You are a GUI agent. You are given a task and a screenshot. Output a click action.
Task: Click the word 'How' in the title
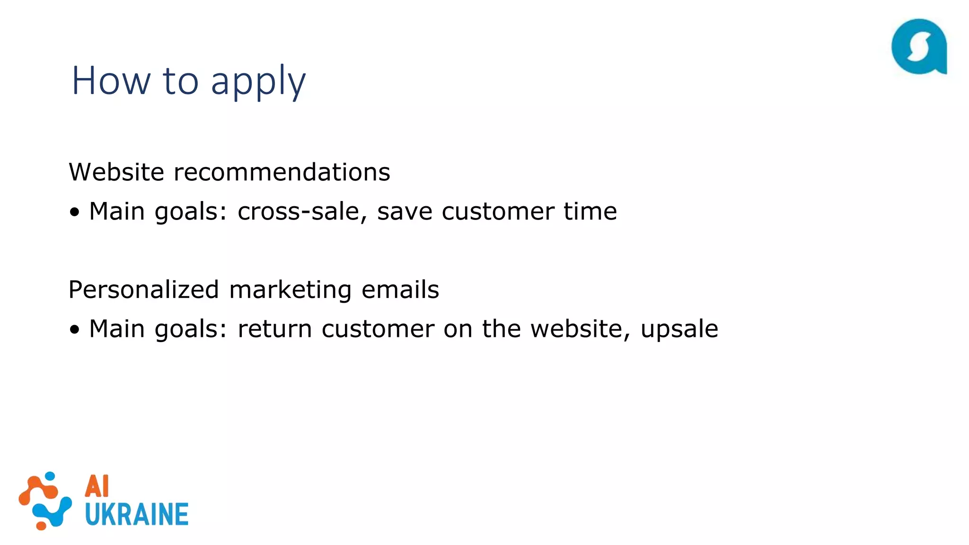click(111, 80)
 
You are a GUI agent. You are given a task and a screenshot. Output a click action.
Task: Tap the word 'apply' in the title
click(258, 81)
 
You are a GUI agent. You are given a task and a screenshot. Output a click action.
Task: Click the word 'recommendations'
click(282, 172)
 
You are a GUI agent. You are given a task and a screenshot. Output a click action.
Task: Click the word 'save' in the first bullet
click(405, 211)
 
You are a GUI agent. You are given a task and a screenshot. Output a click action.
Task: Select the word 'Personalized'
click(143, 290)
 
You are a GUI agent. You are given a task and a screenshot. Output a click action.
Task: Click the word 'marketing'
click(290, 290)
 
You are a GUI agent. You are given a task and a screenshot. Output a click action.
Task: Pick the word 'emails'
click(400, 290)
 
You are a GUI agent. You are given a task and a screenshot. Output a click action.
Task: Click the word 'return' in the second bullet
click(274, 329)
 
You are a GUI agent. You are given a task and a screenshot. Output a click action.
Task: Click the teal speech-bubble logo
click(919, 46)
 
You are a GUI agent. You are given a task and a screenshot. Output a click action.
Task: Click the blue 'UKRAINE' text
click(137, 514)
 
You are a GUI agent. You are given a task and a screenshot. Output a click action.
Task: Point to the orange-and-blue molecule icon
click(45, 501)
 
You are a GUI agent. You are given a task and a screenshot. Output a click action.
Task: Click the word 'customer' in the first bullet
click(497, 211)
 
